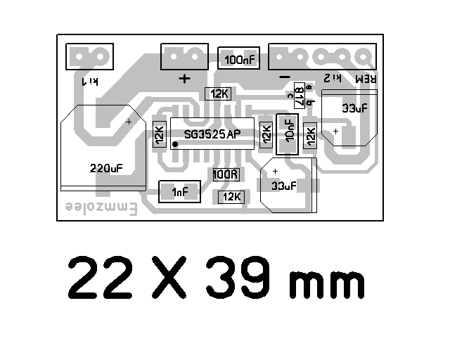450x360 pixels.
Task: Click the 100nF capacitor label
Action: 239,60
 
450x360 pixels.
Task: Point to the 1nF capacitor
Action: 179,192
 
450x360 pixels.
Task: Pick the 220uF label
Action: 106,168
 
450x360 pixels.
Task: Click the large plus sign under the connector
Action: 184,79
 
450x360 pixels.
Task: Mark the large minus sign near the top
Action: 285,77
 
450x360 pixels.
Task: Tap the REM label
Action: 366,79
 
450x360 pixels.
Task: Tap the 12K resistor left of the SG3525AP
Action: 160,134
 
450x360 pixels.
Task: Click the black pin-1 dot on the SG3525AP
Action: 175,145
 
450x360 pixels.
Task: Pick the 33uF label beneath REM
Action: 354,108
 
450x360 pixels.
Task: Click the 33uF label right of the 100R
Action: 283,186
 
